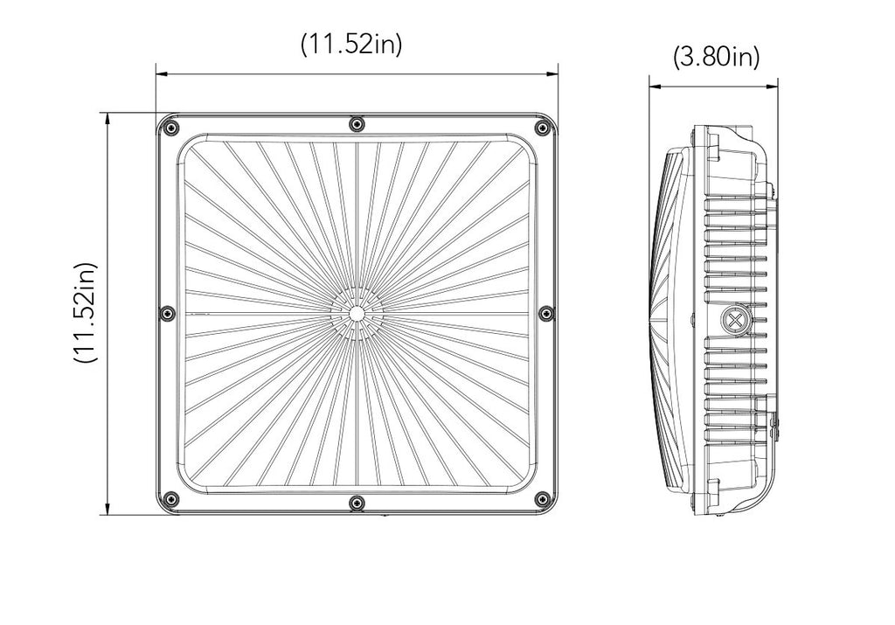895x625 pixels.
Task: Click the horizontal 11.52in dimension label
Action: pos(351,45)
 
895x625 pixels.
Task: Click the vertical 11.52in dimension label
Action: pos(86,313)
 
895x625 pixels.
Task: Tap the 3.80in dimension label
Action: pos(717,57)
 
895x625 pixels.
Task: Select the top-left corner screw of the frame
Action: pos(170,128)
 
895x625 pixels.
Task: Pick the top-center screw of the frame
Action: pos(357,123)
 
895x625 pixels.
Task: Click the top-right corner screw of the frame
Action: pos(540,128)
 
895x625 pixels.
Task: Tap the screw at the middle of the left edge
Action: pos(167,312)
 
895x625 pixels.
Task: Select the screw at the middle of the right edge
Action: pos(547,312)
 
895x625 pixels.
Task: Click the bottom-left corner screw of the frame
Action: pos(170,498)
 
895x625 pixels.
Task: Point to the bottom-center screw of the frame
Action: pos(357,503)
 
